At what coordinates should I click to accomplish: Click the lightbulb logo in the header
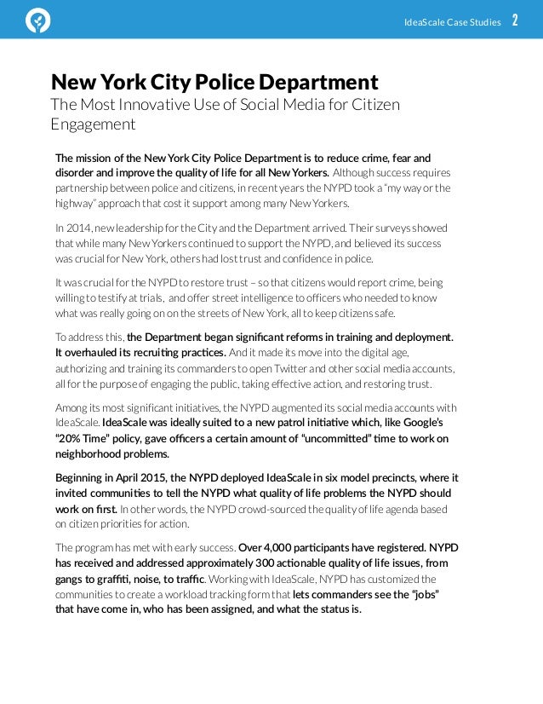[x=38, y=20]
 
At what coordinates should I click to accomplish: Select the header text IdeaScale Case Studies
[x=452, y=21]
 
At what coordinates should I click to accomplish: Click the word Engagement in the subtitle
[x=93, y=124]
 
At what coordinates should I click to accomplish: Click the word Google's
[x=422, y=422]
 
